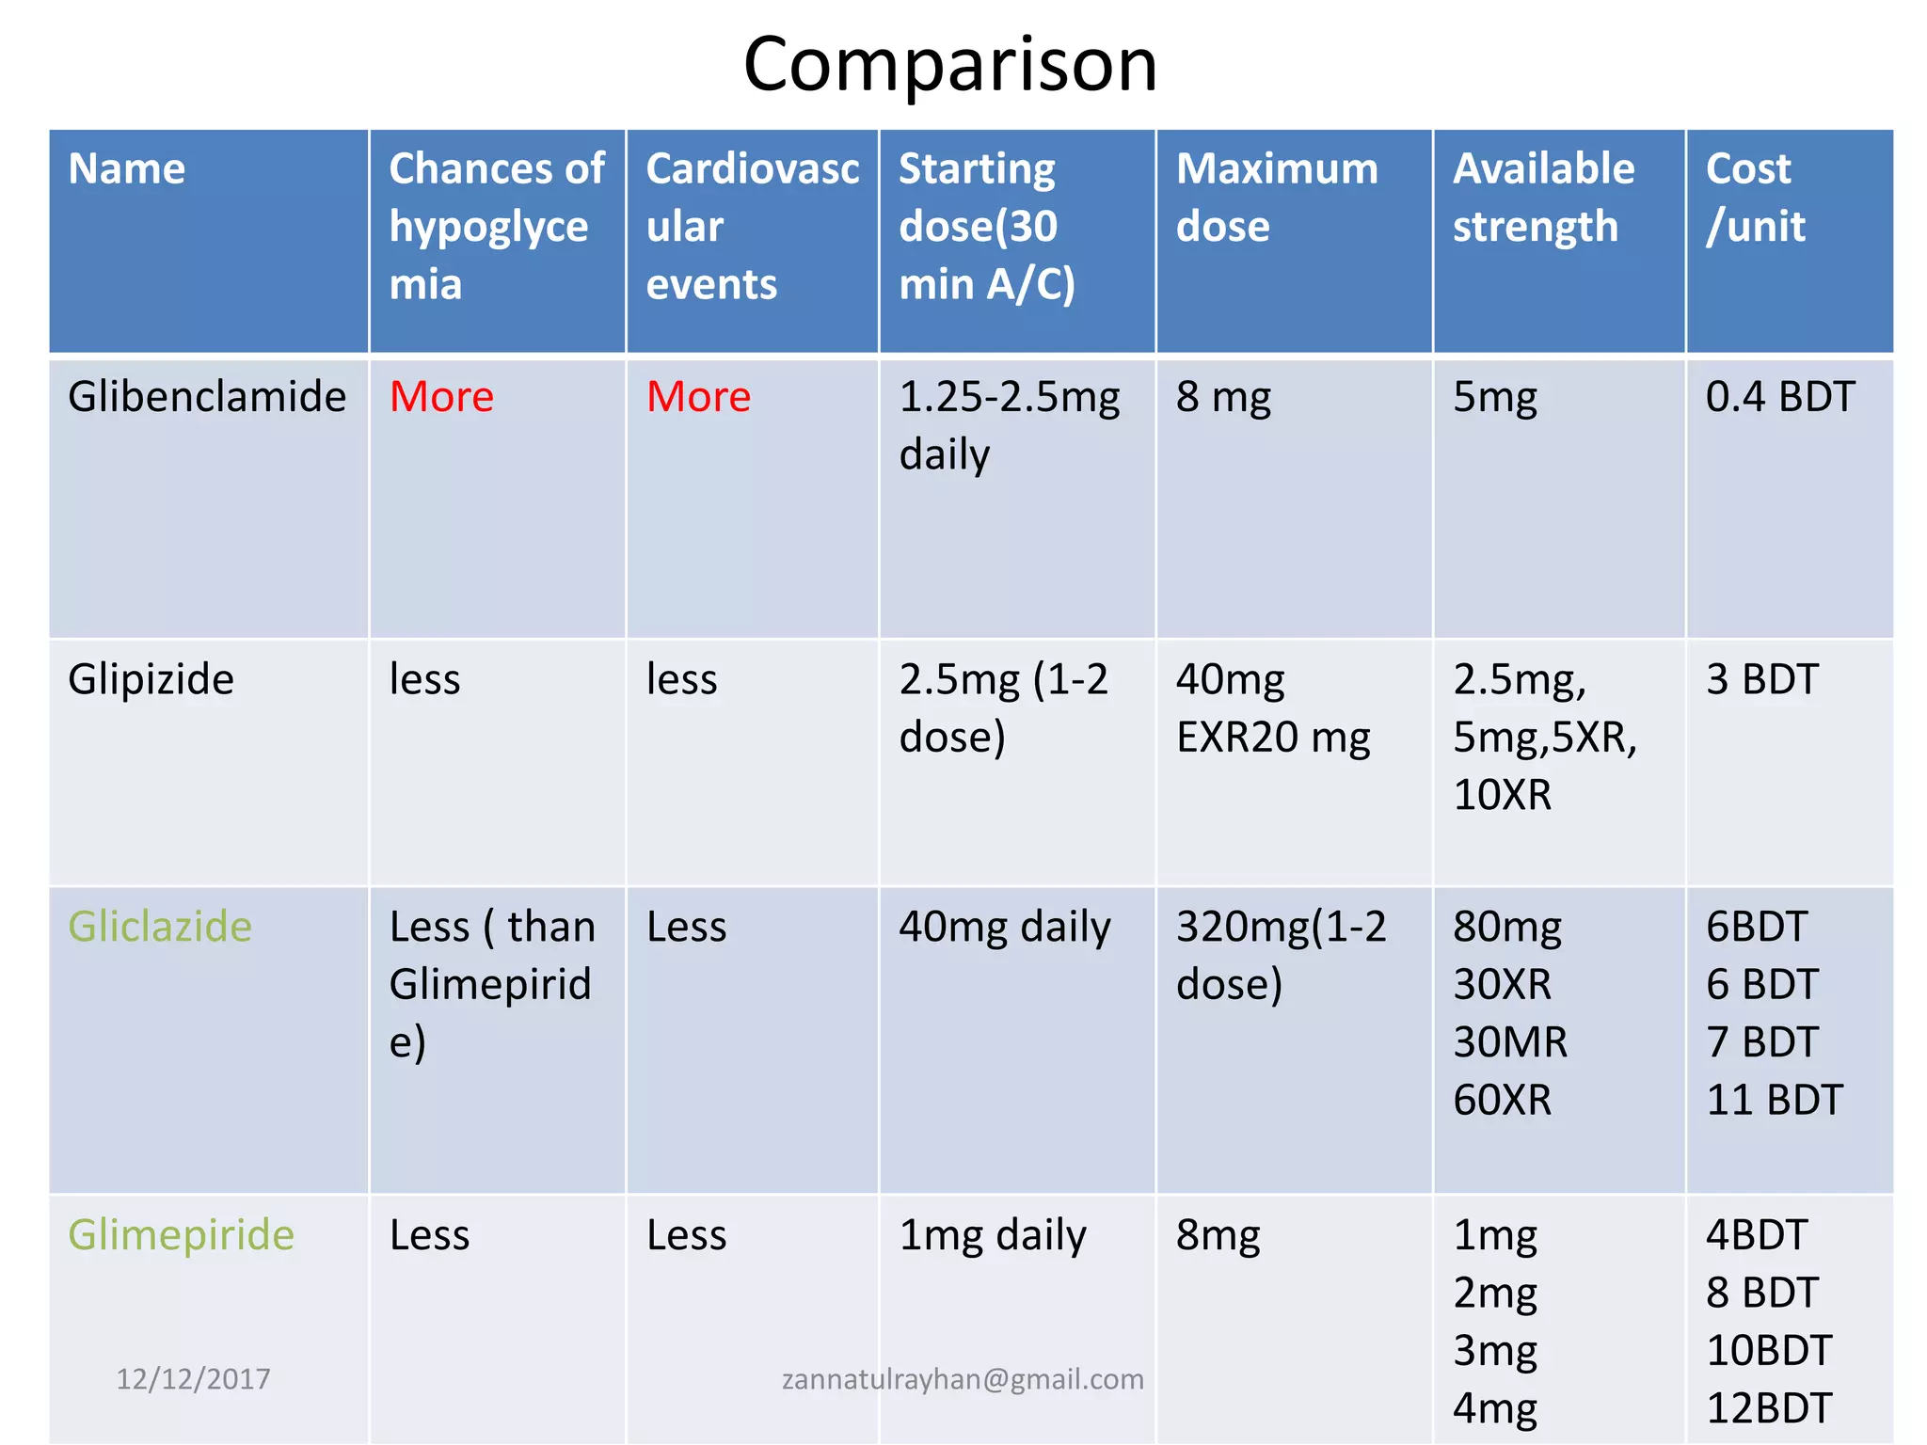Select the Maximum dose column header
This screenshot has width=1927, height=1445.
point(1276,198)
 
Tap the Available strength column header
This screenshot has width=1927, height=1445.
point(1543,198)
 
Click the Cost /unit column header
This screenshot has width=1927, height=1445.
point(1755,198)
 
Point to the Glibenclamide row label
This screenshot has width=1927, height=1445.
point(207,397)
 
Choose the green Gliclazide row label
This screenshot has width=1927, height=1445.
point(160,928)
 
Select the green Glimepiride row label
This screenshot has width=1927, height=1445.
point(181,1235)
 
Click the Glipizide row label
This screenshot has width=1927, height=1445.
point(151,679)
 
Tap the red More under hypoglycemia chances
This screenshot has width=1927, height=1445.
point(441,397)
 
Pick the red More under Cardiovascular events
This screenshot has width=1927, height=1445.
point(698,397)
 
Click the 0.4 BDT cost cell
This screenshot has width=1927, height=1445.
point(1779,397)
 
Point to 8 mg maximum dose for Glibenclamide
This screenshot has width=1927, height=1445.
point(1222,397)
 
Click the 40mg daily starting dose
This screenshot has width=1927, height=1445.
point(1004,928)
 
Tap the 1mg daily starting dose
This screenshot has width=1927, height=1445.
point(992,1235)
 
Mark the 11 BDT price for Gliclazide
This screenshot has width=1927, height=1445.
point(1774,1100)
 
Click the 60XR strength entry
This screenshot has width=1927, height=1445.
point(1502,1100)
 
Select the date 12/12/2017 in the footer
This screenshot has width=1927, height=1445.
point(193,1379)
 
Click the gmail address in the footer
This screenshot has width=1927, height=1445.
point(963,1379)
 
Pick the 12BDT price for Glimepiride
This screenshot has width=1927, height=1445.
point(1769,1408)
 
